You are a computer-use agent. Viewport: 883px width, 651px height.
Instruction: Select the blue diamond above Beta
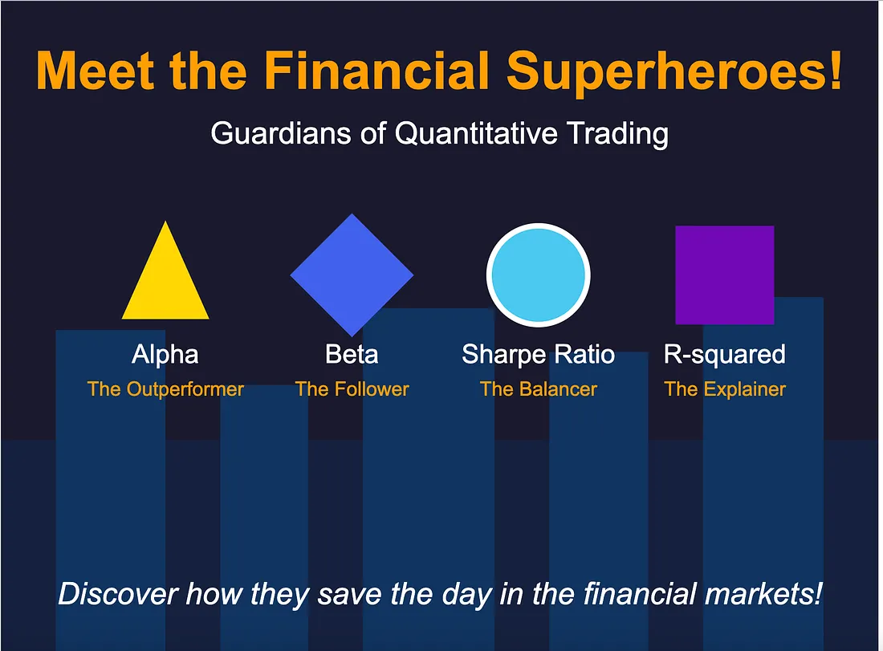click(352, 275)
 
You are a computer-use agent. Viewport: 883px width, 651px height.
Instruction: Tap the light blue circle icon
click(538, 275)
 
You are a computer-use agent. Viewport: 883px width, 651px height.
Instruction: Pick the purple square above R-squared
click(724, 275)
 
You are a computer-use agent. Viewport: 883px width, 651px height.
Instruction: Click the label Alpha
click(165, 354)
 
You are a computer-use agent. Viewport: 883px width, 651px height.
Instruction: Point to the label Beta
click(352, 354)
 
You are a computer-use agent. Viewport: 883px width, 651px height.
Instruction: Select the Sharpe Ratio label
click(538, 354)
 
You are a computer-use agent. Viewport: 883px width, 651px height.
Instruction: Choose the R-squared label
click(724, 354)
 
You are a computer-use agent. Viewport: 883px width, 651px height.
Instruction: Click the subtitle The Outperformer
click(165, 389)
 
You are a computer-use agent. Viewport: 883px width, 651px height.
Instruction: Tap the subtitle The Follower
click(352, 389)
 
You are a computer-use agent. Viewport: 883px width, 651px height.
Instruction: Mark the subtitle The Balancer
click(538, 389)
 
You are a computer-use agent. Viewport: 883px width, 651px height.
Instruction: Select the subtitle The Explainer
click(724, 389)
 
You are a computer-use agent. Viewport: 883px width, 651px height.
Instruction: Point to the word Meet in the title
click(89, 71)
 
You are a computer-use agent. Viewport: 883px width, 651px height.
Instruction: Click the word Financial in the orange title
click(377, 71)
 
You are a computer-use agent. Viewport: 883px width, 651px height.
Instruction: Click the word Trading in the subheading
click(618, 133)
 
